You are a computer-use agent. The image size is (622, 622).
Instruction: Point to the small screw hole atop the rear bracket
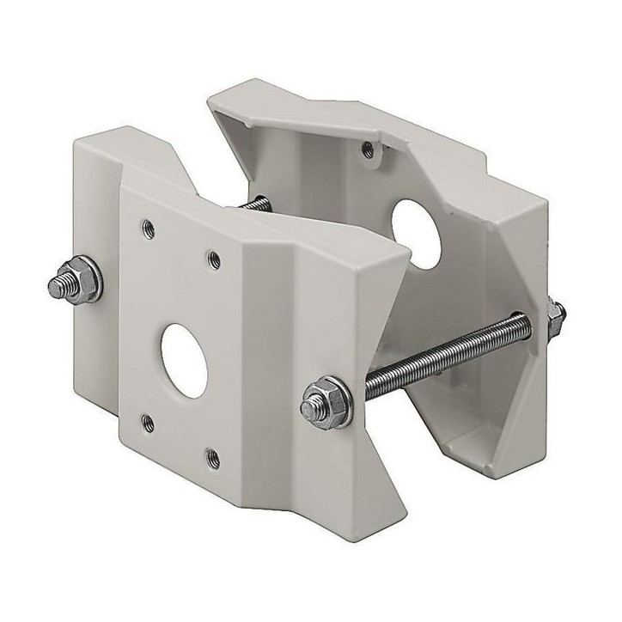pyautogui.click(x=369, y=148)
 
